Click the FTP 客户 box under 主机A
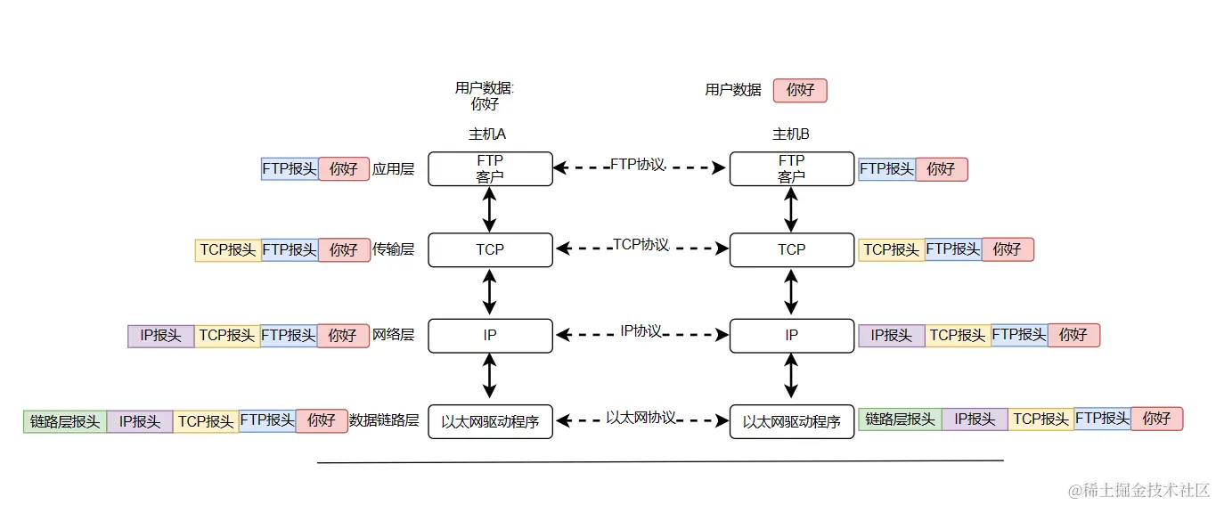pos(490,168)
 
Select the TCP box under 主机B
pos(791,249)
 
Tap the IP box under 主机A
pos(490,335)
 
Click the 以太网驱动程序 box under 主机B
pos(791,421)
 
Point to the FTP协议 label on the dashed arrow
pos(638,165)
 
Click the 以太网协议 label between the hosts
pos(641,418)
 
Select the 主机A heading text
pos(487,134)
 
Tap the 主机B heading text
pos(790,134)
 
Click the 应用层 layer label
pos(393,169)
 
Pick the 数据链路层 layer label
pos(384,420)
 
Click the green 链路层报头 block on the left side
pos(65,421)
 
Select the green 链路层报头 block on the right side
pos(900,419)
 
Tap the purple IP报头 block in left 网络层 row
pos(160,336)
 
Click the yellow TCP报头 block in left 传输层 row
pos(227,250)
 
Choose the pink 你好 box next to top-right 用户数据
pos(800,90)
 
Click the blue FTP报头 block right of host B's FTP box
pos(886,169)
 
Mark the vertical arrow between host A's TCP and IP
pos(489,292)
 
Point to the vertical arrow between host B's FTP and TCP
pos(791,209)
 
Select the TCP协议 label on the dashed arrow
pos(641,245)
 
